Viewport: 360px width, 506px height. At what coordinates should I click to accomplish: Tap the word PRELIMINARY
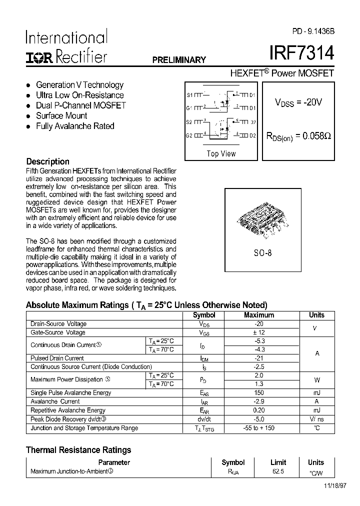(x=179, y=60)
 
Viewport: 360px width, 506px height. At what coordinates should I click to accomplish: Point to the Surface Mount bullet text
(x=61, y=115)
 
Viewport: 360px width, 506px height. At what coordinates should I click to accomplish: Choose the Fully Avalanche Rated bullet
(x=75, y=126)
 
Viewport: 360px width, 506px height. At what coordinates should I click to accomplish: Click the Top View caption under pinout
(x=221, y=153)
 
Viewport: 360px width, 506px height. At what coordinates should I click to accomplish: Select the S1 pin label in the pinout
(x=189, y=94)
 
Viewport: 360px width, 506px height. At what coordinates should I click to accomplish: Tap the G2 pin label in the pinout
(x=189, y=135)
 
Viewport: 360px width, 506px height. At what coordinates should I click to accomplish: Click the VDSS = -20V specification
(x=298, y=102)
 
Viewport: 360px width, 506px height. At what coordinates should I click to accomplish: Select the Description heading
(x=47, y=161)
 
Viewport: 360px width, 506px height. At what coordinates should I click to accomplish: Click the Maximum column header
(x=259, y=315)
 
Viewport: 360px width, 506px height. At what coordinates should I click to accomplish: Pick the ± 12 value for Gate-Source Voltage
(x=259, y=332)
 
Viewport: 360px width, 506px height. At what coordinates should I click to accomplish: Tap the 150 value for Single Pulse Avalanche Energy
(x=259, y=393)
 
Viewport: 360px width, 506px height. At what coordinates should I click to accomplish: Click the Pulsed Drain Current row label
(x=57, y=358)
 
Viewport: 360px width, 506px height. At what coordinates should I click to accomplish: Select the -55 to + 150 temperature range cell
(x=259, y=428)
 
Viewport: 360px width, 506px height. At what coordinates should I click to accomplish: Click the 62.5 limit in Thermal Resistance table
(x=278, y=471)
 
